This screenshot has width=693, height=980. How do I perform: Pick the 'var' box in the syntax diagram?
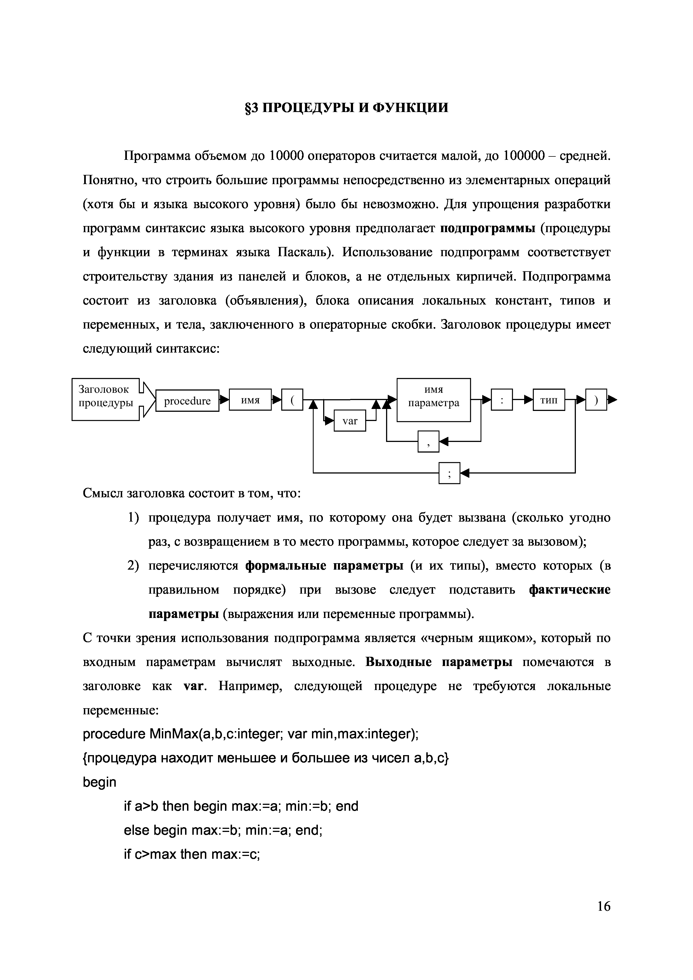[x=350, y=421]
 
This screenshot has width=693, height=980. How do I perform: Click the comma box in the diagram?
[x=428, y=441]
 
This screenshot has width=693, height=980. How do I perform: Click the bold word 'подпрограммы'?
[x=488, y=228]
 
